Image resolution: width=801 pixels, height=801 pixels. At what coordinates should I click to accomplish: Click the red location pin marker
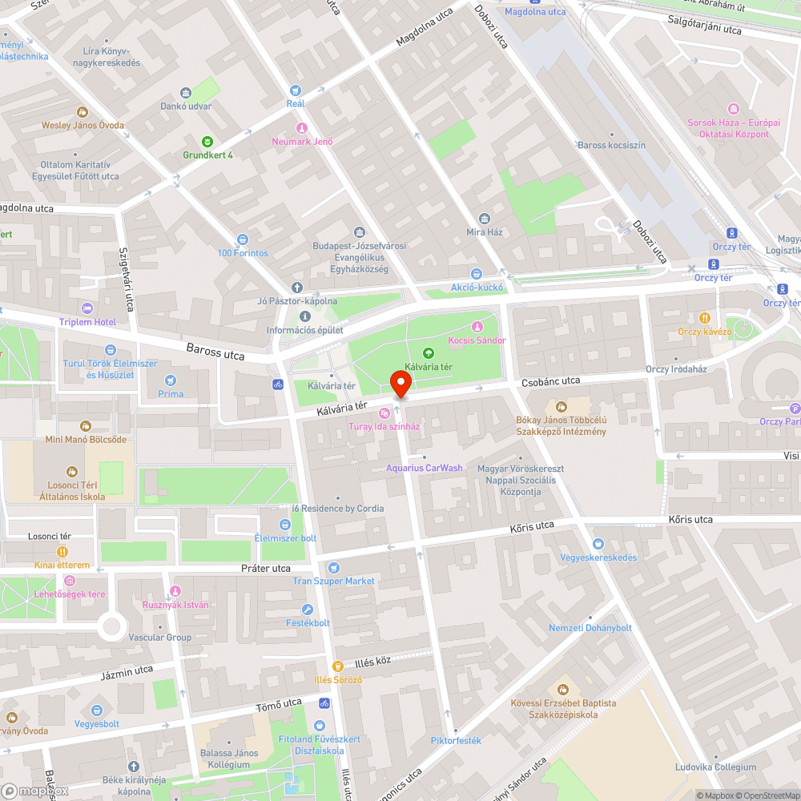[x=400, y=384]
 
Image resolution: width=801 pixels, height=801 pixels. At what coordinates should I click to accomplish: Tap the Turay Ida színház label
[x=384, y=426]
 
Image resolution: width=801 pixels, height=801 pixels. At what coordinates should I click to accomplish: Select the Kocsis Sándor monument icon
[x=477, y=326]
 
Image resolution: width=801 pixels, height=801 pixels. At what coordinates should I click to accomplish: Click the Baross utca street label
[x=215, y=351]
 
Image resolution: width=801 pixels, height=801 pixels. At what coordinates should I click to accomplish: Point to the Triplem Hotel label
[x=87, y=322]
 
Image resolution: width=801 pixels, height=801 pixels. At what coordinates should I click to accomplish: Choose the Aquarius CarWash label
[x=425, y=468]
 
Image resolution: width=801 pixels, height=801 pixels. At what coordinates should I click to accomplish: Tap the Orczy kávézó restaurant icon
[x=705, y=317]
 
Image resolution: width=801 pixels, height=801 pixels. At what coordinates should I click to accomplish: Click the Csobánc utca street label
[x=550, y=381]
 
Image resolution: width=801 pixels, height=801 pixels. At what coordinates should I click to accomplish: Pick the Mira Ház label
[x=484, y=232]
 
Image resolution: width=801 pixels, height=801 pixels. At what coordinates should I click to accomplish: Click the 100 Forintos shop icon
[x=243, y=239]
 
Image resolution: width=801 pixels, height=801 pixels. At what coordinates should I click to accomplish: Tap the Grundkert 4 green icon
[x=207, y=141]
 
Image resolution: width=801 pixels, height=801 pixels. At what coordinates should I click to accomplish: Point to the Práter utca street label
[x=266, y=568]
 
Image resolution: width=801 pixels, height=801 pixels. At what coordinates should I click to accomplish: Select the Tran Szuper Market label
[x=333, y=581]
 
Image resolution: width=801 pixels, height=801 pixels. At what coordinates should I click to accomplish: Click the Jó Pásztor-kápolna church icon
[x=296, y=288]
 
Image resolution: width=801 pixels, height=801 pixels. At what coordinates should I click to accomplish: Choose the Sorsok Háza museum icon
[x=733, y=109]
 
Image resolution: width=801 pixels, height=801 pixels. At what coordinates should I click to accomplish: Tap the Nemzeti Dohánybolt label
[x=590, y=628]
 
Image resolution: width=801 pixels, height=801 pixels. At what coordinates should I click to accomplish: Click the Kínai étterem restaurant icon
[x=62, y=552]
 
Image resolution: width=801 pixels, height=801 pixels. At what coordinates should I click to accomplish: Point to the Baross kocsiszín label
[x=611, y=145]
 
